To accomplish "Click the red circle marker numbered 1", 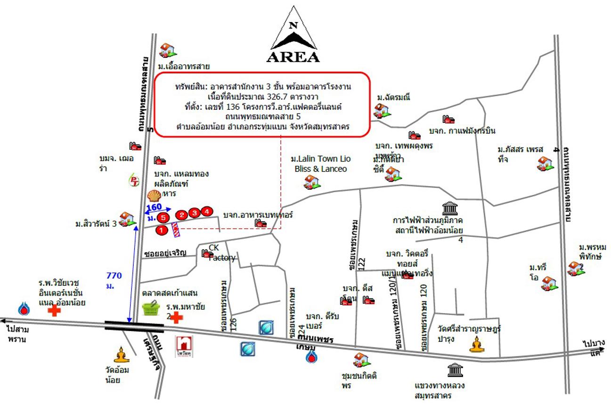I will pyautogui.click(x=162, y=230).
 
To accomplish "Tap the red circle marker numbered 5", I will pyautogui.click(x=163, y=218).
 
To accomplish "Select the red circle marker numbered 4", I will pyautogui.click(x=207, y=211).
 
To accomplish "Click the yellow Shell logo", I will pyautogui.click(x=154, y=195).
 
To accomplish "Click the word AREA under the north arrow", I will pyautogui.click(x=293, y=57).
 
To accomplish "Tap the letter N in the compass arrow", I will pyautogui.click(x=293, y=26).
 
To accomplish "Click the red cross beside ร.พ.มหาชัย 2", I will pyautogui.click(x=176, y=317).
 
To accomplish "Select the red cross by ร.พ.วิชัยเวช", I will pyautogui.click(x=55, y=310).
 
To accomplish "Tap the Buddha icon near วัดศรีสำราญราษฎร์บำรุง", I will pyautogui.click(x=476, y=345).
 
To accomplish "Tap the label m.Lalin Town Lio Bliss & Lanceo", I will pyautogui.click(x=320, y=163).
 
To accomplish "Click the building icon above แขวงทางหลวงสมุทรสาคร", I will pyautogui.click(x=455, y=370).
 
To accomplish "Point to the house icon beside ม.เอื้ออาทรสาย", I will pyautogui.click(x=167, y=50).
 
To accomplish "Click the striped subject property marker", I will pyautogui.click(x=175, y=229).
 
